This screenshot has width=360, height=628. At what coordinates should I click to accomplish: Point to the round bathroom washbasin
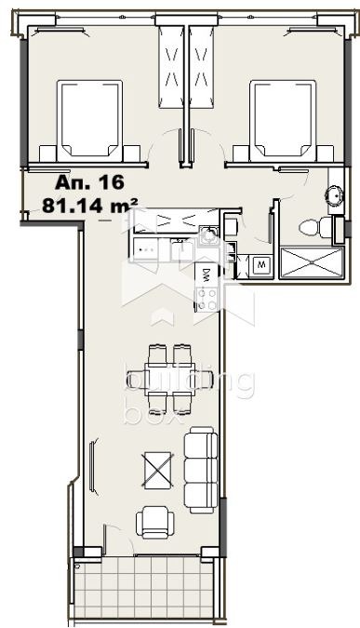pos(333,195)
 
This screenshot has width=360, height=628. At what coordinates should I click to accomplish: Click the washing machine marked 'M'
pos(261,264)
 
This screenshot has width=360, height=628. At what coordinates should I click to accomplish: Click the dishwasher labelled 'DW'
pos(206,274)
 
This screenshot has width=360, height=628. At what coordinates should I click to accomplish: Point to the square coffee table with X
pos(157,468)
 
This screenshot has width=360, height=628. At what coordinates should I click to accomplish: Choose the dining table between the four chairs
pos(170,377)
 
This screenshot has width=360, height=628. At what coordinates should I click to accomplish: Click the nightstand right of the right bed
pos(321,154)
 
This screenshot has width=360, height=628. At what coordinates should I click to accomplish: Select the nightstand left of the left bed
pos(50,154)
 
